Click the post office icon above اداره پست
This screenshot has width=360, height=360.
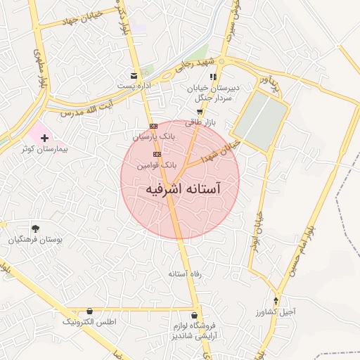coord(134,76)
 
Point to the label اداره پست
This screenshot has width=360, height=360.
coord(134,86)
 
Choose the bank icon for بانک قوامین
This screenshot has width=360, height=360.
coord(157,153)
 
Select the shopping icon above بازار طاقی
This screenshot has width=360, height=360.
coord(200,112)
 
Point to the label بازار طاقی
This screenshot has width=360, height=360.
coord(200,122)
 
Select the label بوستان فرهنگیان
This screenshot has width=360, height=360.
coord(35,239)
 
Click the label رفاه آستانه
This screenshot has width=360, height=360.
coord(184,273)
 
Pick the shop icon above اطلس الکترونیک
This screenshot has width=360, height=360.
coord(89,311)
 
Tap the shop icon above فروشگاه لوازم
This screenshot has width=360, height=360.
coord(195,314)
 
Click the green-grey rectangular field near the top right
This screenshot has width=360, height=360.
coord(261,121)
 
